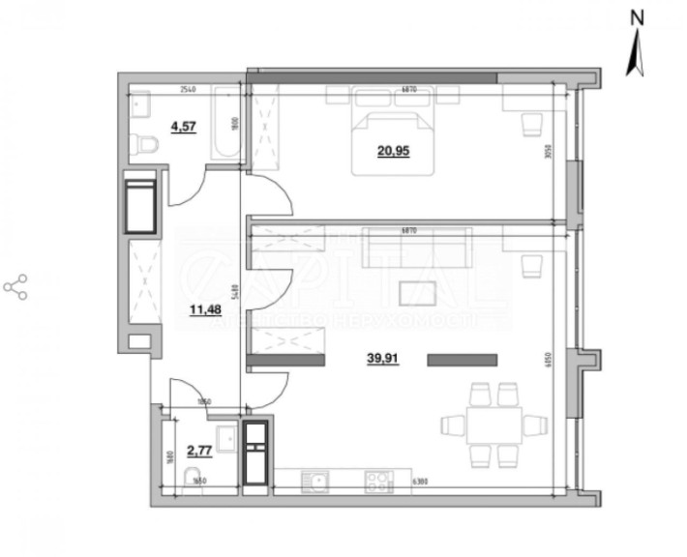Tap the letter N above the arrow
pyautogui.click(x=637, y=16)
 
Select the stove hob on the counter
pyautogui.click(x=378, y=479)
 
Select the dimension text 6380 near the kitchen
pyautogui.click(x=419, y=481)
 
